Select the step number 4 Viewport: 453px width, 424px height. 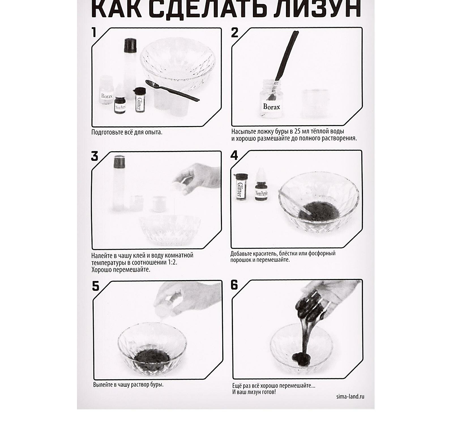pos(234,156)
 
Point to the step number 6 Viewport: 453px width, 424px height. pos(234,285)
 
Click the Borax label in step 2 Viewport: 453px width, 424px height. pos(271,107)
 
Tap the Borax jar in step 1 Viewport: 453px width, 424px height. pos(106,90)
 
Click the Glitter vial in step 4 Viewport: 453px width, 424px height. pos(240,187)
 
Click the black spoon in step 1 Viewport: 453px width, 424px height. pos(172,90)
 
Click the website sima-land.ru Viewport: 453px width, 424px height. pos(350,396)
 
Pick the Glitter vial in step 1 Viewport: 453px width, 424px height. pos(140,100)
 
